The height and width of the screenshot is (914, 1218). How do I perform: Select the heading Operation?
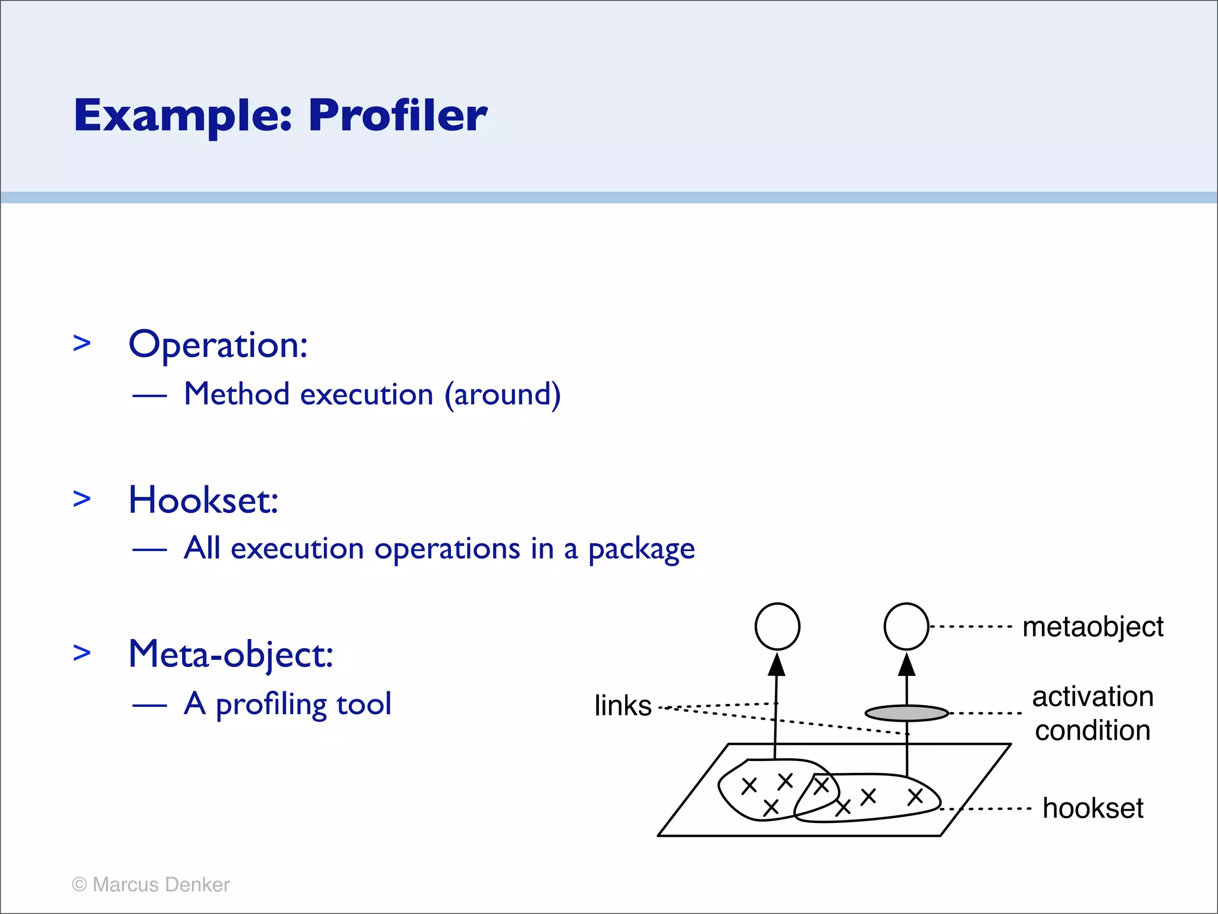218,345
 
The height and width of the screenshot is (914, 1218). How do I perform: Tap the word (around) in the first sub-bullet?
503,395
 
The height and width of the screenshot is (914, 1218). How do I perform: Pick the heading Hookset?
203,500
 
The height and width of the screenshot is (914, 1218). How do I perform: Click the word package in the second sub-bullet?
641,549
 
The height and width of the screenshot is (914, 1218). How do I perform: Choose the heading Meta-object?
231,654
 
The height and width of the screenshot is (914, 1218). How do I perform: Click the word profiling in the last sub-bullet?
271,704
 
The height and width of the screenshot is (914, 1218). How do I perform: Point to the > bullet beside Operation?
82,343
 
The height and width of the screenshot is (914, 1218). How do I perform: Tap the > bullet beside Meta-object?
82,652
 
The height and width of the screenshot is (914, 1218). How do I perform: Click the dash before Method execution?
149,396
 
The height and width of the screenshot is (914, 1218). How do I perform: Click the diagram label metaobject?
1093,627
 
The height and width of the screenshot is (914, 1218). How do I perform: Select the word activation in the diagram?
1093,696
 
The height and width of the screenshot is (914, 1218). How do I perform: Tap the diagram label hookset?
1093,808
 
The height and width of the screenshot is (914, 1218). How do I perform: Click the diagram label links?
623,706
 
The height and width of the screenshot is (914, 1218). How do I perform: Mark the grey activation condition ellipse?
906,713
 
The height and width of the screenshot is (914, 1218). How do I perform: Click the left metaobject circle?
777,627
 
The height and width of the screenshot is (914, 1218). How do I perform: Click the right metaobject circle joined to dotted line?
906,627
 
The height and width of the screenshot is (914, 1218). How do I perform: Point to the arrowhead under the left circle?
777,665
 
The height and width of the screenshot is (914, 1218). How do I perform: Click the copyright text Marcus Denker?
161,885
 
